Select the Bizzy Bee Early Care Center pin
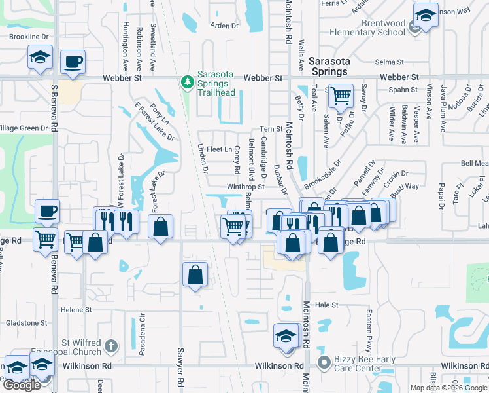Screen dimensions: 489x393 322,362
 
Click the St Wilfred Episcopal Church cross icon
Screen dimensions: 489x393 111,345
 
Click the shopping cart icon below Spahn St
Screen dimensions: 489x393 341,96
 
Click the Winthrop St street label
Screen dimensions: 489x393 245,187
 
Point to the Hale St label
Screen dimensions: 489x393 326,305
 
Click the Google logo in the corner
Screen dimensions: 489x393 22,385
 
